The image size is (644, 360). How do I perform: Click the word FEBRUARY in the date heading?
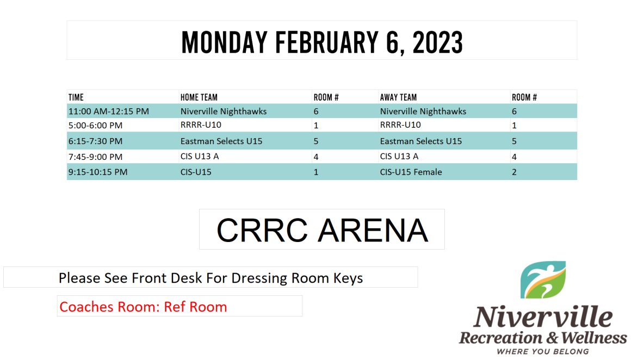point(327,42)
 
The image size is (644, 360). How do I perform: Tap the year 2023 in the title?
point(438,42)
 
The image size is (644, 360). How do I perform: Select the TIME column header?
point(76,97)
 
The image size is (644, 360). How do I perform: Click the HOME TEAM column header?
point(199,97)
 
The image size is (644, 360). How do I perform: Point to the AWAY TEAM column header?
point(398,97)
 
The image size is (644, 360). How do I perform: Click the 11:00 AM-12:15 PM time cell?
point(109,111)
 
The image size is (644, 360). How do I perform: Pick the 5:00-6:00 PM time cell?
point(95,125)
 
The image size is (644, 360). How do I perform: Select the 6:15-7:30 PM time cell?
point(95,141)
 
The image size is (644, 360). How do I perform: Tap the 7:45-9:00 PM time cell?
point(95,157)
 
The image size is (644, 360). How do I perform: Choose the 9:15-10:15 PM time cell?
point(98,172)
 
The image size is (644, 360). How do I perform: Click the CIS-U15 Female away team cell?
point(411,172)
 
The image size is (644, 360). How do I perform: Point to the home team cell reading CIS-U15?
point(196,172)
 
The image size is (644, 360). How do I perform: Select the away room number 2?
point(514,172)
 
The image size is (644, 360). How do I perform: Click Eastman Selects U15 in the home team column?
point(221,141)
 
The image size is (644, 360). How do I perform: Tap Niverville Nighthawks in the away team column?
point(423,111)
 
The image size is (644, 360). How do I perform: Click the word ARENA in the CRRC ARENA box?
point(373,230)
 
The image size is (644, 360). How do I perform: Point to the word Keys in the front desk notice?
point(348,278)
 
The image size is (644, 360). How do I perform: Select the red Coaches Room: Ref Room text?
point(143,307)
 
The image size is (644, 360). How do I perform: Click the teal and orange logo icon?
point(543,280)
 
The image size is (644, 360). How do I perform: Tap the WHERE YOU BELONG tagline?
point(543,351)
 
